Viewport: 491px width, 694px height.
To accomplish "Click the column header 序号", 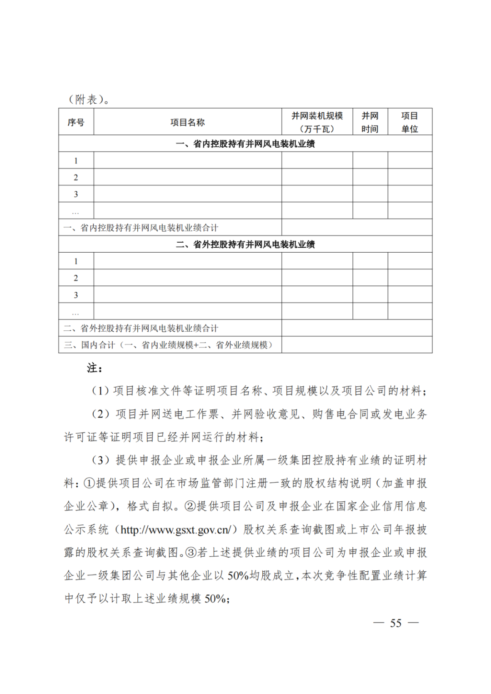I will (76, 122).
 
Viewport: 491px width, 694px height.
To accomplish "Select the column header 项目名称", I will (187, 122).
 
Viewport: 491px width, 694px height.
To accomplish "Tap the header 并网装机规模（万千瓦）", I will (317, 122).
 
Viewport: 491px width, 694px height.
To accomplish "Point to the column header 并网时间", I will (370, 122).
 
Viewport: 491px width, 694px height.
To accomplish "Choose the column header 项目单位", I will (410, 122).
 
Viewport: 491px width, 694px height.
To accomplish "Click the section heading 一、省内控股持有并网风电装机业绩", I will (245, 144).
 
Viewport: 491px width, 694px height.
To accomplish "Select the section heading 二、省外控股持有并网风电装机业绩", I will (245, 245).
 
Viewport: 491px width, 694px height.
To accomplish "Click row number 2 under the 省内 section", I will (76, 177).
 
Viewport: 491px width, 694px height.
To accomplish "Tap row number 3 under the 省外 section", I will (76, 295).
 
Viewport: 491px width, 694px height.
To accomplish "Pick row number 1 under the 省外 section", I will (76, 261).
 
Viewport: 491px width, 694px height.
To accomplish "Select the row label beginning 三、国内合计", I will (168, 345).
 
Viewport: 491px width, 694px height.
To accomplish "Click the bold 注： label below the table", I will (95, 368).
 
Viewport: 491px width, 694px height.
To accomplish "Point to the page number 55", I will (396, 623).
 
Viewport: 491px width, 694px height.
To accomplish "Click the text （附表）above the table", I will (88, 100).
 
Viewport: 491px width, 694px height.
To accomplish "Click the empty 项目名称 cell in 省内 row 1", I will (187, 160).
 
